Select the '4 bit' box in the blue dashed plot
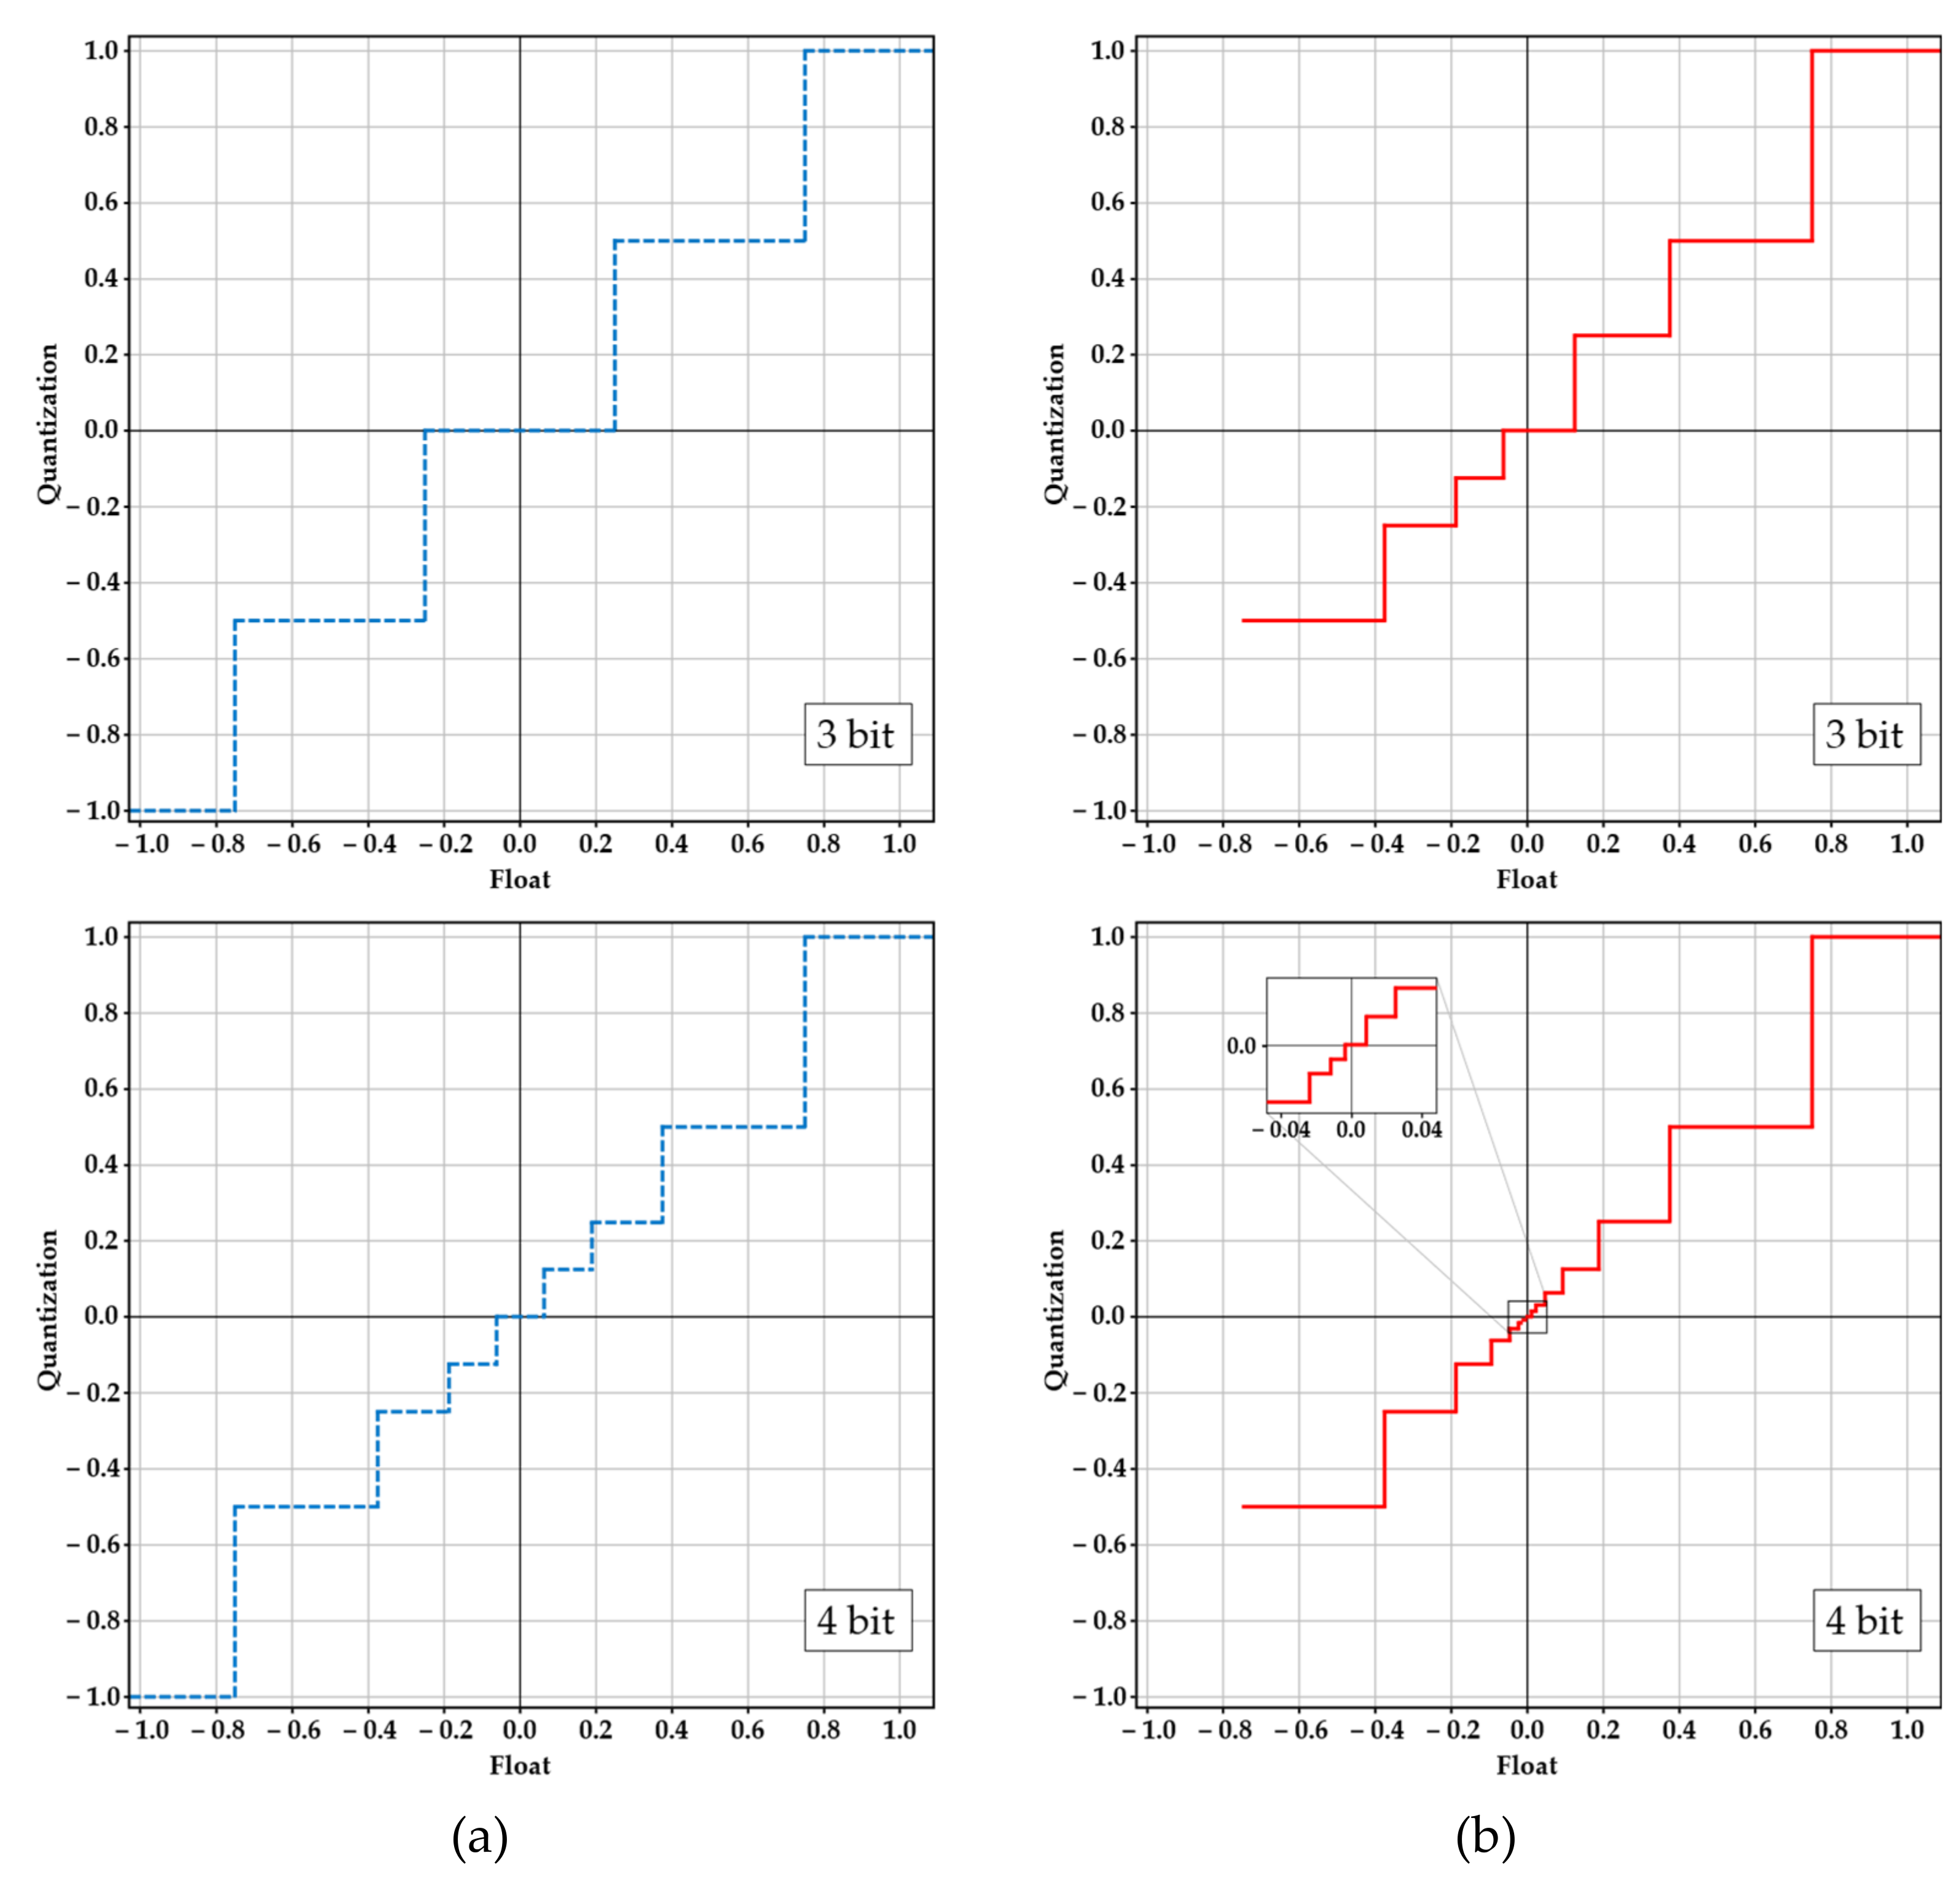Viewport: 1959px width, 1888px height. click(858, 1620)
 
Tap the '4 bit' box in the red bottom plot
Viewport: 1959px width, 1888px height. click(1866, 1620)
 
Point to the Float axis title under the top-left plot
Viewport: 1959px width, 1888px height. click(520, 879)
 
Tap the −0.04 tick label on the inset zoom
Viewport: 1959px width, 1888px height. click(1281, 1130)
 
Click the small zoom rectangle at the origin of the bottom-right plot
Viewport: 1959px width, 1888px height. click(1526, 1316)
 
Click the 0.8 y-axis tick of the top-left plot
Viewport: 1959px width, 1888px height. click(100, 127)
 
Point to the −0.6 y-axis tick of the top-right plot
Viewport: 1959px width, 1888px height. click(1099, 659)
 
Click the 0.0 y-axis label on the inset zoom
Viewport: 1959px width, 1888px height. click(1241, 1045)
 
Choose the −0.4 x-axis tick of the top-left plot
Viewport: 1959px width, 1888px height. click(368, 844)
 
